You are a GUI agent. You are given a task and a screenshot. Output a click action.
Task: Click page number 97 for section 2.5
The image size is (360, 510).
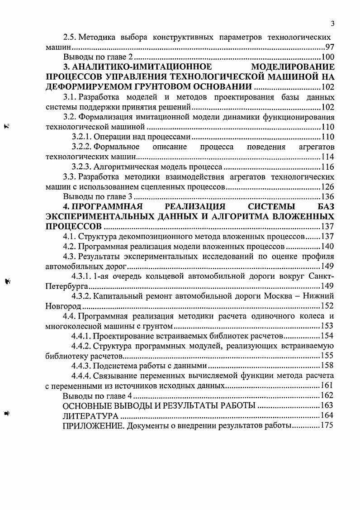330,48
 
